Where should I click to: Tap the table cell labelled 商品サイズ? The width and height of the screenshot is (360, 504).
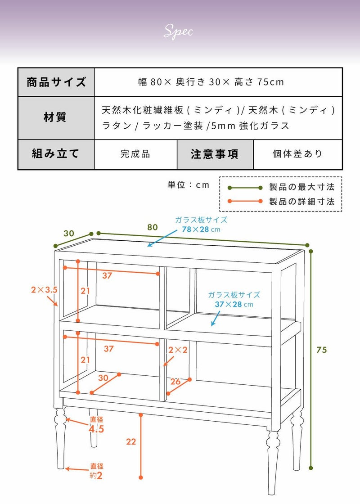(56, 82)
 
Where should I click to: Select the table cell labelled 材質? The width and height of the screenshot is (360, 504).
(56, 117)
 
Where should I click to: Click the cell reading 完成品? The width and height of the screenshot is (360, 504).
(135, 154)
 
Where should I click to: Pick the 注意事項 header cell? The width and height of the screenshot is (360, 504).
(215, 154)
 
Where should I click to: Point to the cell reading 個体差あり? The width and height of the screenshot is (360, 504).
(298, 154)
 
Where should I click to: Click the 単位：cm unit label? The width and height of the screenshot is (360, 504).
(189, 185)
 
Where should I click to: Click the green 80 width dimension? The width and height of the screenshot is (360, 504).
(153, 227)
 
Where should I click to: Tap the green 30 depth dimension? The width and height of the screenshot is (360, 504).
(68, 234)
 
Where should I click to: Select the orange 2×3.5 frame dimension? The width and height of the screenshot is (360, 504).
(44, 290)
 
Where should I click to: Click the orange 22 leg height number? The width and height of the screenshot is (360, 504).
(131, 442)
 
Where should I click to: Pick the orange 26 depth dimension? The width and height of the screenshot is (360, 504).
(175, 382)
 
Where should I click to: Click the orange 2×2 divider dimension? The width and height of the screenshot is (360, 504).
(178, 350)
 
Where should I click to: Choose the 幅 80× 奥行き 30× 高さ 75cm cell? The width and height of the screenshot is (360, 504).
(211, 82)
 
